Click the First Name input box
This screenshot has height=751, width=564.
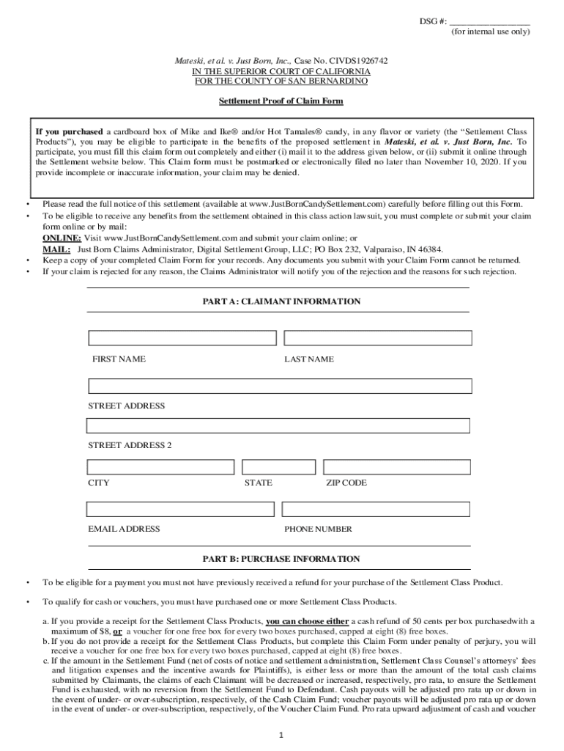pos(182,338)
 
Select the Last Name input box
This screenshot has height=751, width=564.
pos(377,338)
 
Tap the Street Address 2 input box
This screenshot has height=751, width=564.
pos(278,425)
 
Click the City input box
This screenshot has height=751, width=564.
pos(160,466)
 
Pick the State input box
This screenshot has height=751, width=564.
pos(278,466)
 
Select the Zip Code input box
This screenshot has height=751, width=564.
pos(397,466)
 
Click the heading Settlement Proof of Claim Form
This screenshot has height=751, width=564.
pos(281,101)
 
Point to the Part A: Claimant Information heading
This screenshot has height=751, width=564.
pos(281,301)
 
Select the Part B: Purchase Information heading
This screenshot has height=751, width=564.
pos(281,559)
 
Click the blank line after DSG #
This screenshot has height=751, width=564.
pos(489,22)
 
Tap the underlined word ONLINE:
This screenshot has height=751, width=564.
pos(62,238)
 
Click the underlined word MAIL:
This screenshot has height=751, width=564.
pos(56,249)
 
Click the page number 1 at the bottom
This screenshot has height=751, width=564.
pos(282,734)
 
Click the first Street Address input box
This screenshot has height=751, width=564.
pos(280,386)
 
